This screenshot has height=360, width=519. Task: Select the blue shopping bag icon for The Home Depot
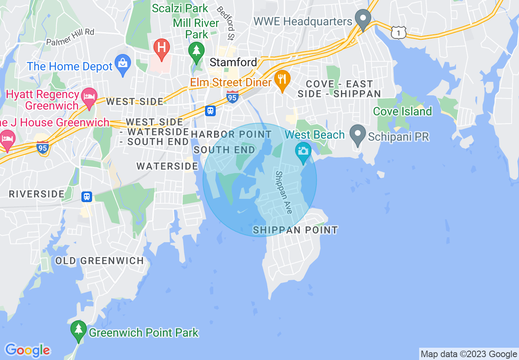[x=122, y=64]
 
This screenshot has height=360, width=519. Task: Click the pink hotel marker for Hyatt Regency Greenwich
[x=90, y=98]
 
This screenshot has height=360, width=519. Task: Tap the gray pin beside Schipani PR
[x=358, y=135]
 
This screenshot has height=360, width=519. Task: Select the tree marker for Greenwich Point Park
[x=78, y=330]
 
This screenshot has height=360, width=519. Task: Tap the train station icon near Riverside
[x=86, y=197]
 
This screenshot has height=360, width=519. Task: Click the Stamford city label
[x=233, y=62]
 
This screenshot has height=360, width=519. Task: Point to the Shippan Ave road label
[x=284, y=192]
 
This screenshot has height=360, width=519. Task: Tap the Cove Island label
[x=402, y=111]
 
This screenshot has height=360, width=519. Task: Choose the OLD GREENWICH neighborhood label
[x=99, y=261]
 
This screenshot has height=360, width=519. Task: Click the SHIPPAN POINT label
[x=296, y=230]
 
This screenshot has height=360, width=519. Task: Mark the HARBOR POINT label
[x=231, y=134]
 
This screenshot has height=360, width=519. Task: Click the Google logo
[x=27, y=350]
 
